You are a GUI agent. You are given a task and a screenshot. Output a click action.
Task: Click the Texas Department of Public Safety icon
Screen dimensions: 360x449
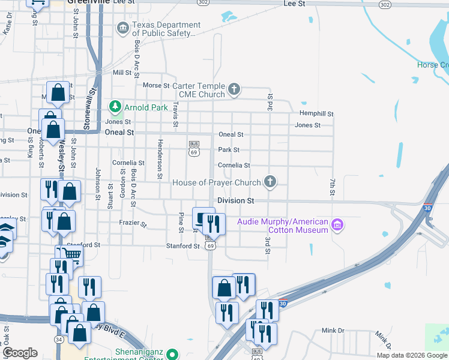tap(123, 28)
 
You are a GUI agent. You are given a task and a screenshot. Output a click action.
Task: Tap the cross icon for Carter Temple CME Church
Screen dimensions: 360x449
tap(234, 90)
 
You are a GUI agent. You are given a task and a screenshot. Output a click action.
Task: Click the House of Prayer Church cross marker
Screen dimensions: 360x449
tap(270, 181)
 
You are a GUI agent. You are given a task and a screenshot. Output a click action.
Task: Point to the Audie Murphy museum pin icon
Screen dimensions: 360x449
tap(337, 226)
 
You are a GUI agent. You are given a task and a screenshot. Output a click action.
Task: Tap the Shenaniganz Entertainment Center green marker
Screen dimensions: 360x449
tap(173, 353)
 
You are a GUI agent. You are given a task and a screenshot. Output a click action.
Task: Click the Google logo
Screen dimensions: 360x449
tap(20, 353)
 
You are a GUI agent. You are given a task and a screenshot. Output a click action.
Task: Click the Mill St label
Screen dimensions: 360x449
tap(122, 72)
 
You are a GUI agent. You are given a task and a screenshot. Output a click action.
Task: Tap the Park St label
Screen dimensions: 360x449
tap(229, 150)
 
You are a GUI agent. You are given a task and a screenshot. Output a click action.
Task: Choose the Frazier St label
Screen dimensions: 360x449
tap(134, 224)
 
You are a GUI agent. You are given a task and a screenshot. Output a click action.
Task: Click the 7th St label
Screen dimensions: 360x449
tap(331, 187)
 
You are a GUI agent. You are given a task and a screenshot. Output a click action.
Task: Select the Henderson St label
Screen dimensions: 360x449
tap(160, 159)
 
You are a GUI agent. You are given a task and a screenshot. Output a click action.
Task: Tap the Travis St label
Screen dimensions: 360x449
tap(176, 114)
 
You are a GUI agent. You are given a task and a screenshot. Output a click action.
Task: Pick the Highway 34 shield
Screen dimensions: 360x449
tap(58, 340)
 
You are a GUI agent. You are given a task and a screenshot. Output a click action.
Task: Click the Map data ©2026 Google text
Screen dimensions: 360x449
tap(411, 355)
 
